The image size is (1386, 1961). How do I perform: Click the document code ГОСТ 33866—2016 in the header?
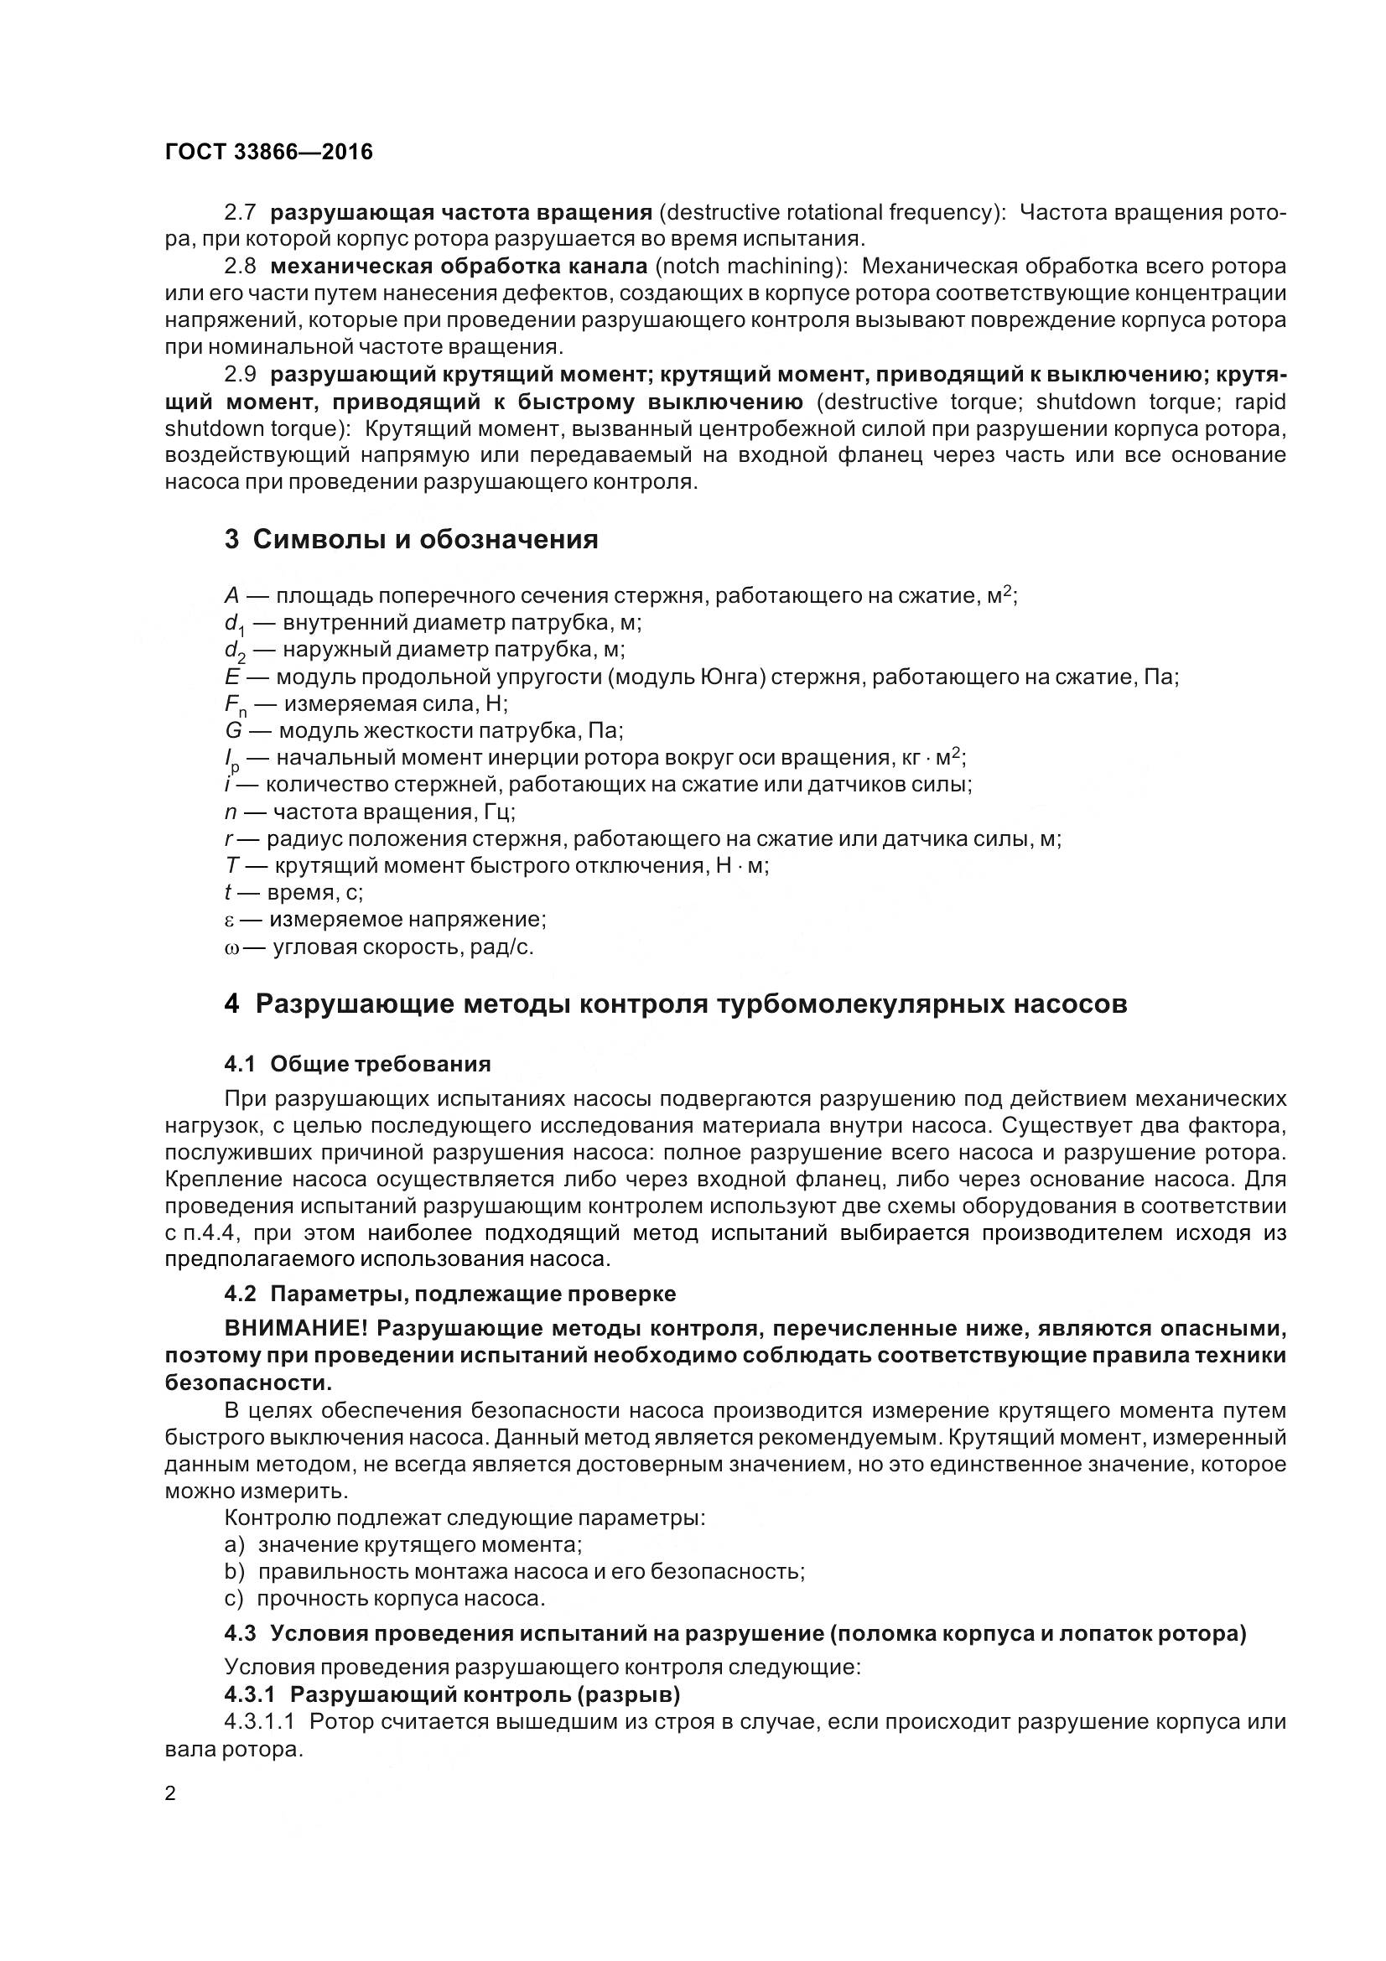tap(269, 152)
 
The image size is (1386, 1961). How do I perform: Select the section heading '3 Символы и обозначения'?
tap(411, 540)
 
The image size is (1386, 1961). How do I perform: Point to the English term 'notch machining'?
tap(748, 267)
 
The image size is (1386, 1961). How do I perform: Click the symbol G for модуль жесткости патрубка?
tap(233, 731)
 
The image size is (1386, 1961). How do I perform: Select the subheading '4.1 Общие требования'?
tap(357, 1063)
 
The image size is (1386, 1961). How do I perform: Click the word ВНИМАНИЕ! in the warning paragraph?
tap(295, 1329)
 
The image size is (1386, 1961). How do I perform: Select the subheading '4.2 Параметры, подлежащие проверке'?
tap(449, 1294)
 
